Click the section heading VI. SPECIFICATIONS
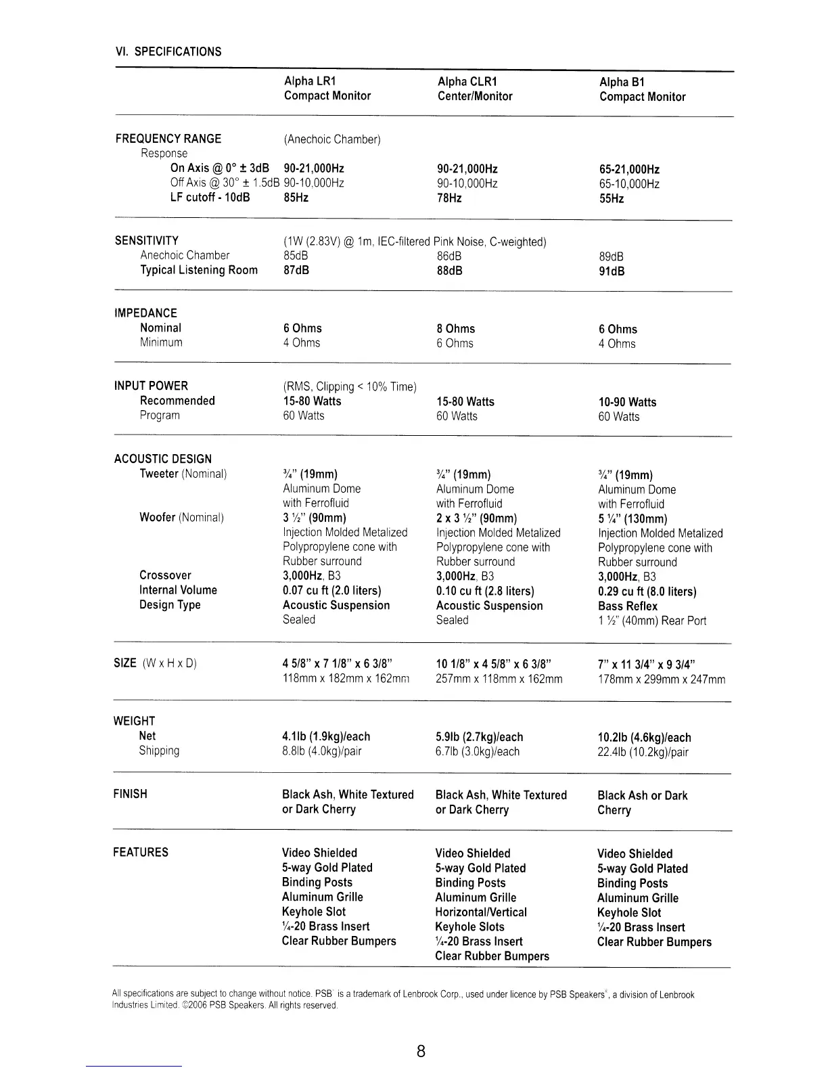pos(168,51)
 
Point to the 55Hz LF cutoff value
pos(612,198)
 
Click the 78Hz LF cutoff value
pos(449,198)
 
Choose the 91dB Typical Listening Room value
pos(612,271)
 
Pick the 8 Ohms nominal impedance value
pos(456,329)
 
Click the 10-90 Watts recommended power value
pos(627,402)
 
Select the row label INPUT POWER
pos(151,386)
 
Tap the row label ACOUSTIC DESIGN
pos(162,459)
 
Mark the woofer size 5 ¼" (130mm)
pos(632,519)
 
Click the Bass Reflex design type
pos(627,606)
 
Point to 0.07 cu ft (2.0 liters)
pos(332,591)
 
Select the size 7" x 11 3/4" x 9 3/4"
pos(647,664)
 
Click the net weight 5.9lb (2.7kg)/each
pos(479,737)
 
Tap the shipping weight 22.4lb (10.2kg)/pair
pos(643,752)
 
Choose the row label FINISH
pos(130,794)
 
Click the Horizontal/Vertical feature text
pos(481,912)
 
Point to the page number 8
pos(421,1051)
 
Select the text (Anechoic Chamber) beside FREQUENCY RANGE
pos(332,139)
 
